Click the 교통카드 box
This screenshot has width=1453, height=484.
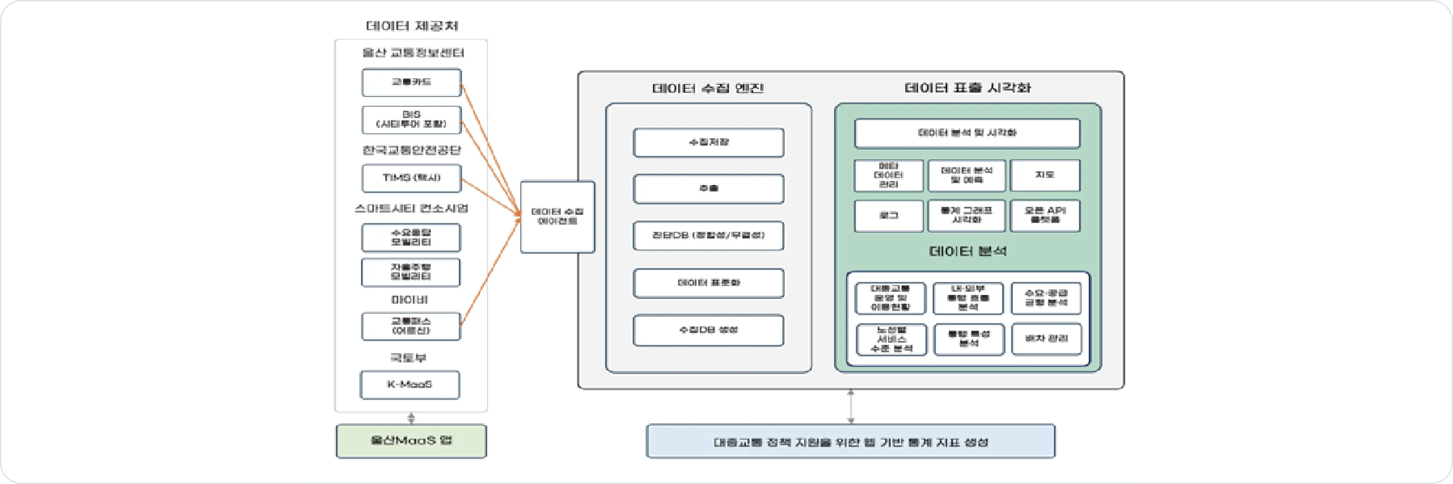[411, 82]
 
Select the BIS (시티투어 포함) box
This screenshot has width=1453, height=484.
[411, 120]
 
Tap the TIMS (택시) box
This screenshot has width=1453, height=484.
[411, 178]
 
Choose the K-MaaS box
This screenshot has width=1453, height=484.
[410, 384]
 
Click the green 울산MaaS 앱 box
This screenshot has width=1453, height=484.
[411, 440]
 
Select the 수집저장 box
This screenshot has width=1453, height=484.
[708, 142]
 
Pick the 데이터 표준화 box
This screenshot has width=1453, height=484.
[708, 283]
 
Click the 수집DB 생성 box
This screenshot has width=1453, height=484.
[708, 330]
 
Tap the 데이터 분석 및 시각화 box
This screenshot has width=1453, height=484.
[967, 133]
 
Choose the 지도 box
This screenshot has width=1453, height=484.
[1045, 175]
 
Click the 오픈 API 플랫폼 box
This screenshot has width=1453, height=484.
[1045, 215]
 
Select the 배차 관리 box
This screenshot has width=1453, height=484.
[1046, 339]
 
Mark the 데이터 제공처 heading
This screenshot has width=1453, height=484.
[412, 26]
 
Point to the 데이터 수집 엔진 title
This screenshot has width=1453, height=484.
[708, 89]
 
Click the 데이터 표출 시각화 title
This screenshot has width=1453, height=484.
[967, 88]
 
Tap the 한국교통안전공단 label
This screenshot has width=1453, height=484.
[411, 150]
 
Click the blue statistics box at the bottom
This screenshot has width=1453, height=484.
[851, 442]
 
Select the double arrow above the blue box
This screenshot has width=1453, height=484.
[851, 406]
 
